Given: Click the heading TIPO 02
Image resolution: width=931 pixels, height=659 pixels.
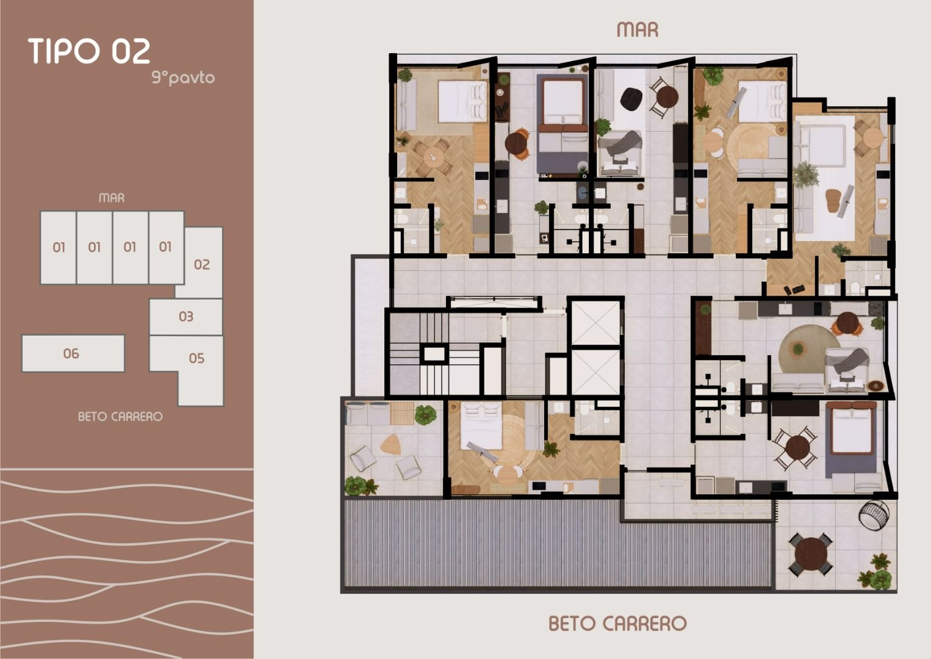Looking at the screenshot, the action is click(x=89, y=51).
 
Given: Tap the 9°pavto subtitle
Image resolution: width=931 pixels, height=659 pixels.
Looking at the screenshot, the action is click(x=183, y=77).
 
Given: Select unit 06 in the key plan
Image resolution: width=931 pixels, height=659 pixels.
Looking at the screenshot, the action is click(x=73, y=353).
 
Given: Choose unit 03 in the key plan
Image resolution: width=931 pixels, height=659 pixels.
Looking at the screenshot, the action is click(x=186, y=317).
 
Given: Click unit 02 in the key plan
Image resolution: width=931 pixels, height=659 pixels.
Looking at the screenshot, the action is click(x=202, y=264).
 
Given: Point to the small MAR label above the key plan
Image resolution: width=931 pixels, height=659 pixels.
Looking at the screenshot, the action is click(x=112, y=198).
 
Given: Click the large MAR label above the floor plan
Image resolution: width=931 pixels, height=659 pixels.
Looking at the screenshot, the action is click(x=638, y=30).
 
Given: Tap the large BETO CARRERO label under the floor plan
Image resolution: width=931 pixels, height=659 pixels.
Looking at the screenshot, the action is click(x=617, y=623).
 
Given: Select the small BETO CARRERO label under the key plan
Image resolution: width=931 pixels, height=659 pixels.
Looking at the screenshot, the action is click(x=121, y=417).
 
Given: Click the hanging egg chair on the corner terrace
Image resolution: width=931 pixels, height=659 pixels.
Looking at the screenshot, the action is click(x=874, y=514).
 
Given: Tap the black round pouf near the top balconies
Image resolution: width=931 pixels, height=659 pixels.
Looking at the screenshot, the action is click(x=631, y=99).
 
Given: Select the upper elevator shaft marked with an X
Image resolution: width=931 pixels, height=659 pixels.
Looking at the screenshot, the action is click(x=596, y=323).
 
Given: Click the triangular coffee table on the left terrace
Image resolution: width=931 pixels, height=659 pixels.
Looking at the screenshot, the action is click(x=390, y=444).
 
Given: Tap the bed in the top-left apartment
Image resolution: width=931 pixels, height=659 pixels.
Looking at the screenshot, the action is click(x=462, y=102).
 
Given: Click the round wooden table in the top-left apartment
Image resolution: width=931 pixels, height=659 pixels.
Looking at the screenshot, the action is click(x=434, y=157).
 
